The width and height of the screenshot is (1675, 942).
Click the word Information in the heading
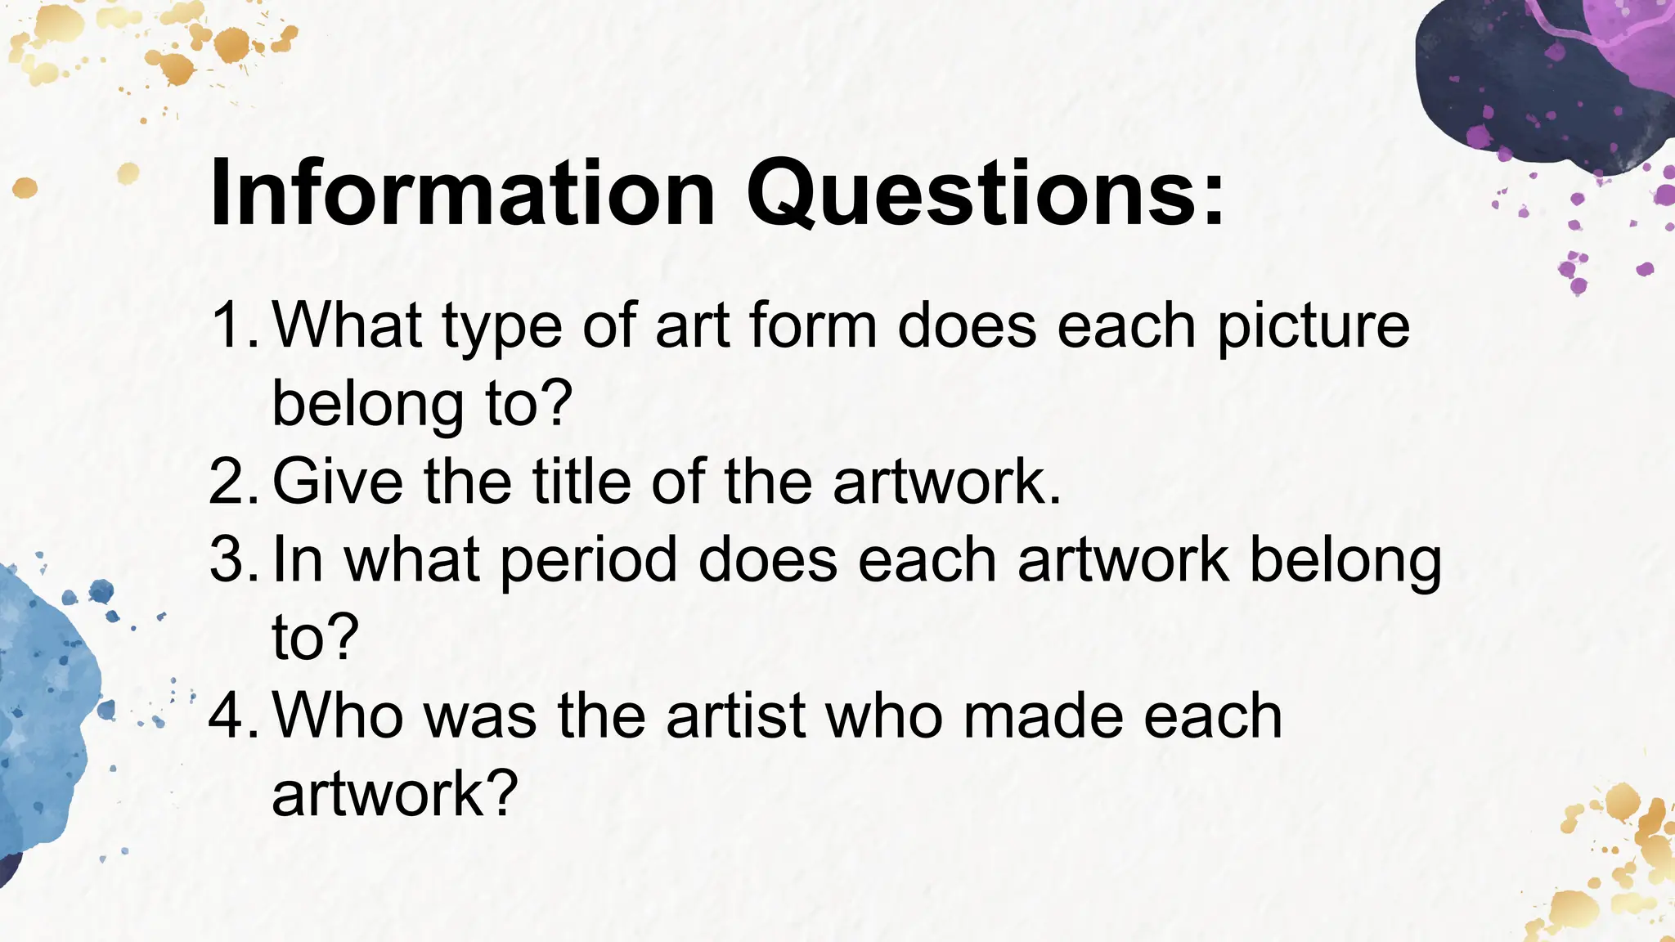[462, 195]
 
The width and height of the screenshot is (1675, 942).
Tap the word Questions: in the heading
[985, 195]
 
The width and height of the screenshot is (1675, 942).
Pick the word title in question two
[582, 482]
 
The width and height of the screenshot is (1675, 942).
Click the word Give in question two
[337, 482]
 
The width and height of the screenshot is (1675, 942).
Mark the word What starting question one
[347, 325]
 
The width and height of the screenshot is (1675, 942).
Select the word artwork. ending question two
[946, 482]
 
